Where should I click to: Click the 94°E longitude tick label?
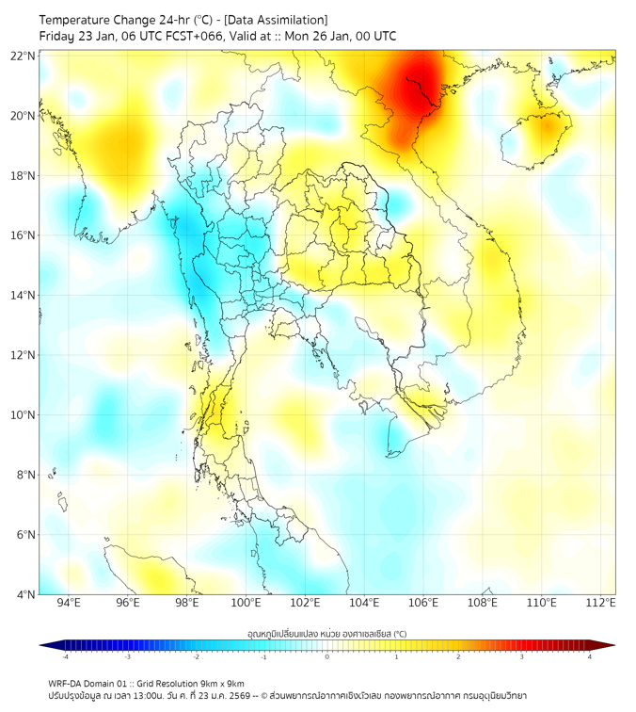click(x=69, y=603)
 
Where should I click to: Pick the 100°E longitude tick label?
click(x=246, y=603)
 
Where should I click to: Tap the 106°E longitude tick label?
click(x=423, y=603)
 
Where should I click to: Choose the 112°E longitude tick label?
click(x=600, y=603)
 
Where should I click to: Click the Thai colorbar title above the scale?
click(x=326, y=634)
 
